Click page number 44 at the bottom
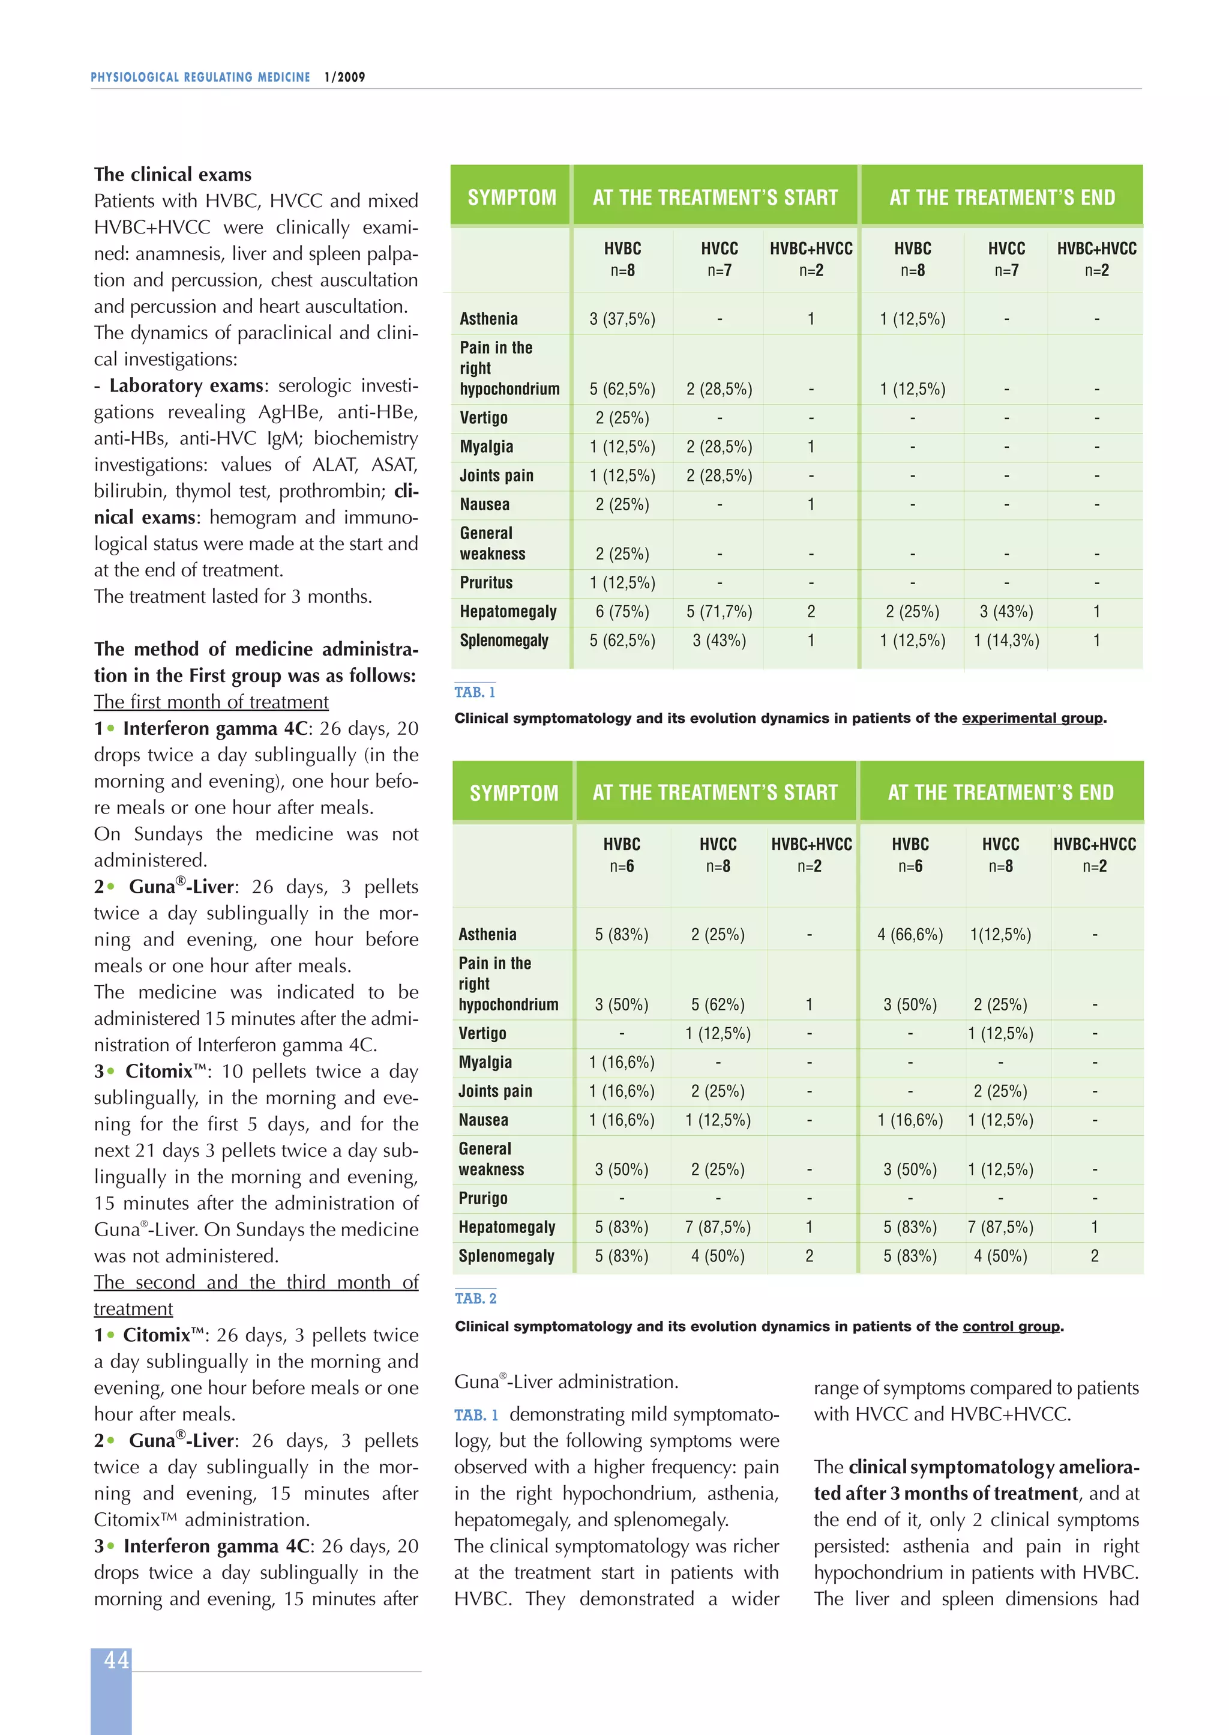tap(116, 1660)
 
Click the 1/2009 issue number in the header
tap(344, 77)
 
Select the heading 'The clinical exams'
tap(173, 175)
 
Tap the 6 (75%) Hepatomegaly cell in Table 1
tap(622, 612)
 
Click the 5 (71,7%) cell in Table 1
tap(719, 612)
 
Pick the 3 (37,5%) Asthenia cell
tap(622, 319)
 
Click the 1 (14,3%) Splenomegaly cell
tap(1006, 641)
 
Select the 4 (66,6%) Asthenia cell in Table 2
tap(910, 935)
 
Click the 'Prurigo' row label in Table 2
tap(483, 1198)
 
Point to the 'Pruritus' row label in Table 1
tap(486, 583)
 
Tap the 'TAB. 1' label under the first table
tap(475, 692)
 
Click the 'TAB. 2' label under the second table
tap(475, 1298)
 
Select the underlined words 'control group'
tap(1011, 1326)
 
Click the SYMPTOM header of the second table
tap(514, 792)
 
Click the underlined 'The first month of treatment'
tap(211, 702)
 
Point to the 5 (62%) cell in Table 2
tap(718, 1004)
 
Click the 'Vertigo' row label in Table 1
tap(484, 418)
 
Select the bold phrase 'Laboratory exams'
tap(186, 385)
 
